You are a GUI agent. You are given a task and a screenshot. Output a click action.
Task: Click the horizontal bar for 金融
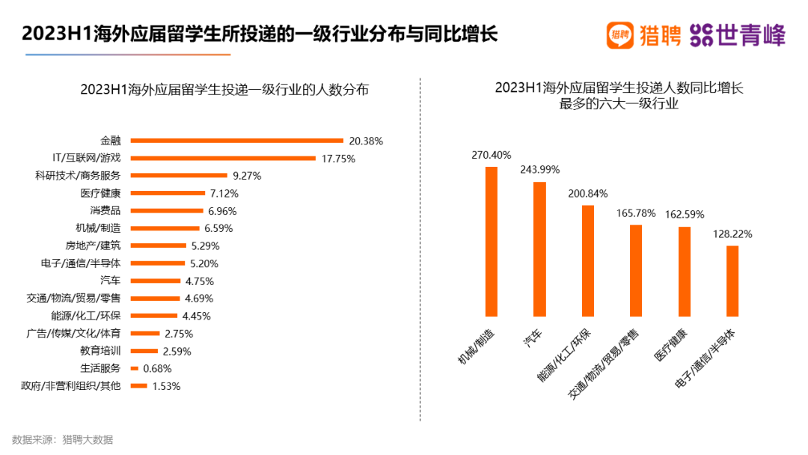coord(236,141)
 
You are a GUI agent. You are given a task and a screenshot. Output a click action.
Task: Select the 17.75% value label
coord(338,159)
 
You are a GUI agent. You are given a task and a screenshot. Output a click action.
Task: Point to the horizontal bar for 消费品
coord(167,211)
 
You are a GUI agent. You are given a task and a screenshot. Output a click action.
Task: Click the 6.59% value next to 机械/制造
coord(218,228)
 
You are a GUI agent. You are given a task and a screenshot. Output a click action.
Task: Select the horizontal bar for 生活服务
coord(135,368)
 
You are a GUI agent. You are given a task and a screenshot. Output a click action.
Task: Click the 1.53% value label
coord(166,386)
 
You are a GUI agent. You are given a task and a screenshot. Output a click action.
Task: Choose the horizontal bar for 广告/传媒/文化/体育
coord(145,333)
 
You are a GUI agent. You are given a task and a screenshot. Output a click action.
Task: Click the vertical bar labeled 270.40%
coord(492,241)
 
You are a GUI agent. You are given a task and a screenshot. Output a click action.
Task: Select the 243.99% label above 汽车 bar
coord(539,169)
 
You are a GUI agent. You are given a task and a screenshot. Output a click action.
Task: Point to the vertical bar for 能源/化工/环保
coord(587,260)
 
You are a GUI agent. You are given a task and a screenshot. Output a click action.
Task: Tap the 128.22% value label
coord(732,233)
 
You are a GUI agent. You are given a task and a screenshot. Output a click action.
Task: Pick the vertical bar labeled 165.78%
coord(636,270)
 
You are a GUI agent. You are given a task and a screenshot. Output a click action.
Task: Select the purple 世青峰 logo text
coord(750,34)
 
